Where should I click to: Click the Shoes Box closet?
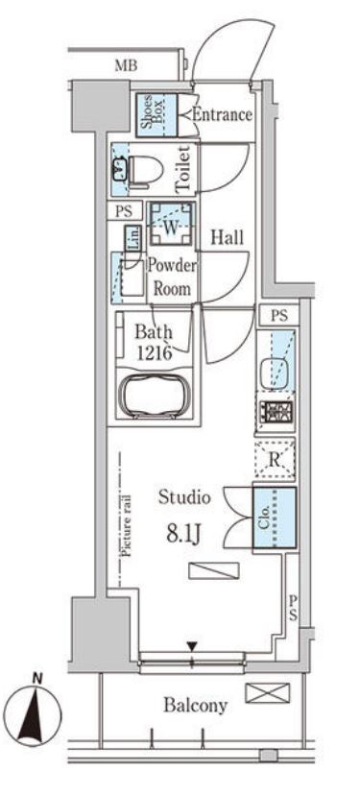point(156,113)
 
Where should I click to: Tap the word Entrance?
point(222,114)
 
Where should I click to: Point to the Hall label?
point(227,237)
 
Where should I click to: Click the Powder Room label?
point(172,277)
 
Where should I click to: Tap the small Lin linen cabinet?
point(133,238)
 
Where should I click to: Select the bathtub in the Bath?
point(155,397)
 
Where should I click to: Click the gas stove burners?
point(275,410)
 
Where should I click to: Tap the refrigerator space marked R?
point(275,460)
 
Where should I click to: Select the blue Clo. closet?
point(275,518)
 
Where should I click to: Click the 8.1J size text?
point(185,535)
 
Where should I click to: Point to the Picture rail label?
point(127,526)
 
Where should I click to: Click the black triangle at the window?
point(191,647)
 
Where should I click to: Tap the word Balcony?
point(196,705)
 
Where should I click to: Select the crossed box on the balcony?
point(268,693)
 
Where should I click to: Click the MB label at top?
point(126,65)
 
